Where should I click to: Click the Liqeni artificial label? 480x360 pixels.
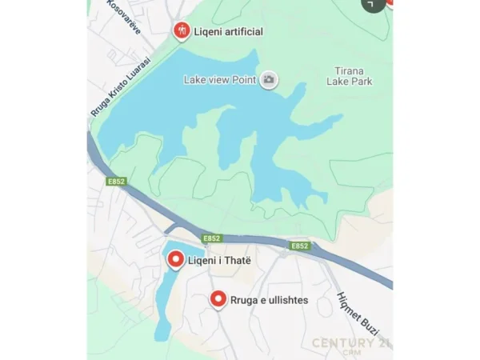tap(228, 32)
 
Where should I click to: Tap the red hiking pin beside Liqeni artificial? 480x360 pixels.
tap(182, 31)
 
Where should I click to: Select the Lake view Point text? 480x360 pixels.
tap(220, 79)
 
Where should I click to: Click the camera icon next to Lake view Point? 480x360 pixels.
tap(269, 79)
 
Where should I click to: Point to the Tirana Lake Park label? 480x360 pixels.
tap(350, 76)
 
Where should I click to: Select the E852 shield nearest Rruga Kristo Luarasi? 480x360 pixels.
tap(116, 182)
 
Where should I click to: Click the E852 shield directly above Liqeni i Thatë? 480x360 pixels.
tap(211, 238)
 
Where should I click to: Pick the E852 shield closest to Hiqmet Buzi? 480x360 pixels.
tap(299, 246)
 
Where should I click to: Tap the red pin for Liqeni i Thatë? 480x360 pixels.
tap(175, 259)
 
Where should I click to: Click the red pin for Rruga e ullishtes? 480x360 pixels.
tap(218, 299)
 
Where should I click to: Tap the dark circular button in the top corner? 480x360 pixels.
tap(372, 4)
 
